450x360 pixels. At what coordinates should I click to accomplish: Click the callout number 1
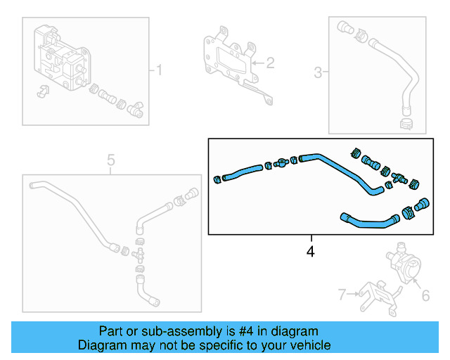click(x=159, y=70)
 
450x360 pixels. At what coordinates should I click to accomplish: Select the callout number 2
click(x=269, y=63)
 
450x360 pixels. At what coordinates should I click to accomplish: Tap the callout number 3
click(x=318, y=72)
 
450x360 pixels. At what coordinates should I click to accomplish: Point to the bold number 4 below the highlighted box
click(x=310, y=250)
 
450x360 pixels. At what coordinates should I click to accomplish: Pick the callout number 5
click(x=110, y=161)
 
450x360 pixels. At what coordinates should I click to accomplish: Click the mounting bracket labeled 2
click(x=229, y=60)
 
